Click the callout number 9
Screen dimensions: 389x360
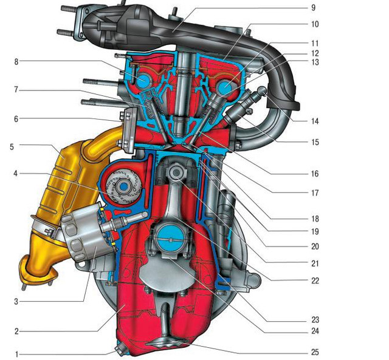(313, 8)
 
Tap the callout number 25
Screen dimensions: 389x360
(315, 352)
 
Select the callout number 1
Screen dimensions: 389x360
(17, 355)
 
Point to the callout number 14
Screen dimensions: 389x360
(315, 121)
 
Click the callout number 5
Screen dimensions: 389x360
(12, 147)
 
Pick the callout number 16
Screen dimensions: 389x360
(315, 174)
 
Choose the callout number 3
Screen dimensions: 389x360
(16, 302)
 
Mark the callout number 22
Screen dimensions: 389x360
(315, 280)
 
